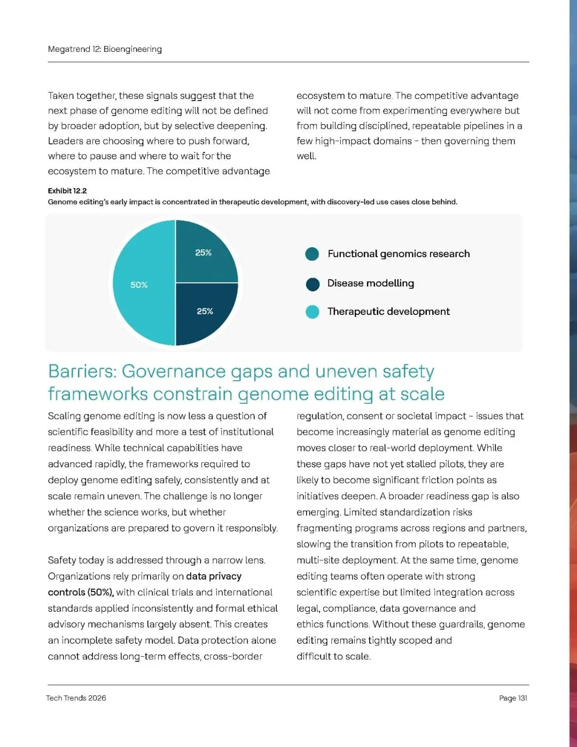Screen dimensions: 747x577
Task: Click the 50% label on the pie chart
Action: [x=139, y=285]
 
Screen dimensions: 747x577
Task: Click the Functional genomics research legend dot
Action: [x=312, y=254]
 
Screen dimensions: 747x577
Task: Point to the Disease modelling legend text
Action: [x=370, y=283]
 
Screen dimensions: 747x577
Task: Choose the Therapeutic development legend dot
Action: [x=312, y=312]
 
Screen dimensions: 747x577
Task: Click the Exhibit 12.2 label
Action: [x=67, y=191]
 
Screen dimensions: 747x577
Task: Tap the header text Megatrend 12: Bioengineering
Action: [x=105, y=49]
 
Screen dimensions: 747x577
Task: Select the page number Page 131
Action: [x=513, y=698]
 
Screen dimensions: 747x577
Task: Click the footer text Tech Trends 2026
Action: [x=76, y=698]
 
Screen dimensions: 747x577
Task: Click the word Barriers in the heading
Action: [x=83, y=372]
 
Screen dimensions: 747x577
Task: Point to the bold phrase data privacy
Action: [x=214, y=576]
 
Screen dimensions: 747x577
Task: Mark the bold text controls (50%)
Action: [x=81, y=592]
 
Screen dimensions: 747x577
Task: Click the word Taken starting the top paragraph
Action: [x=60, y=96]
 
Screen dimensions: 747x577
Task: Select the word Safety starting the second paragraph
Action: [x=62, y=560]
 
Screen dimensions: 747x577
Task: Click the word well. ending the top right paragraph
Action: [x=307, y=156]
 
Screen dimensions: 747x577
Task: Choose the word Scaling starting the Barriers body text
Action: [x=64, y=416]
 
